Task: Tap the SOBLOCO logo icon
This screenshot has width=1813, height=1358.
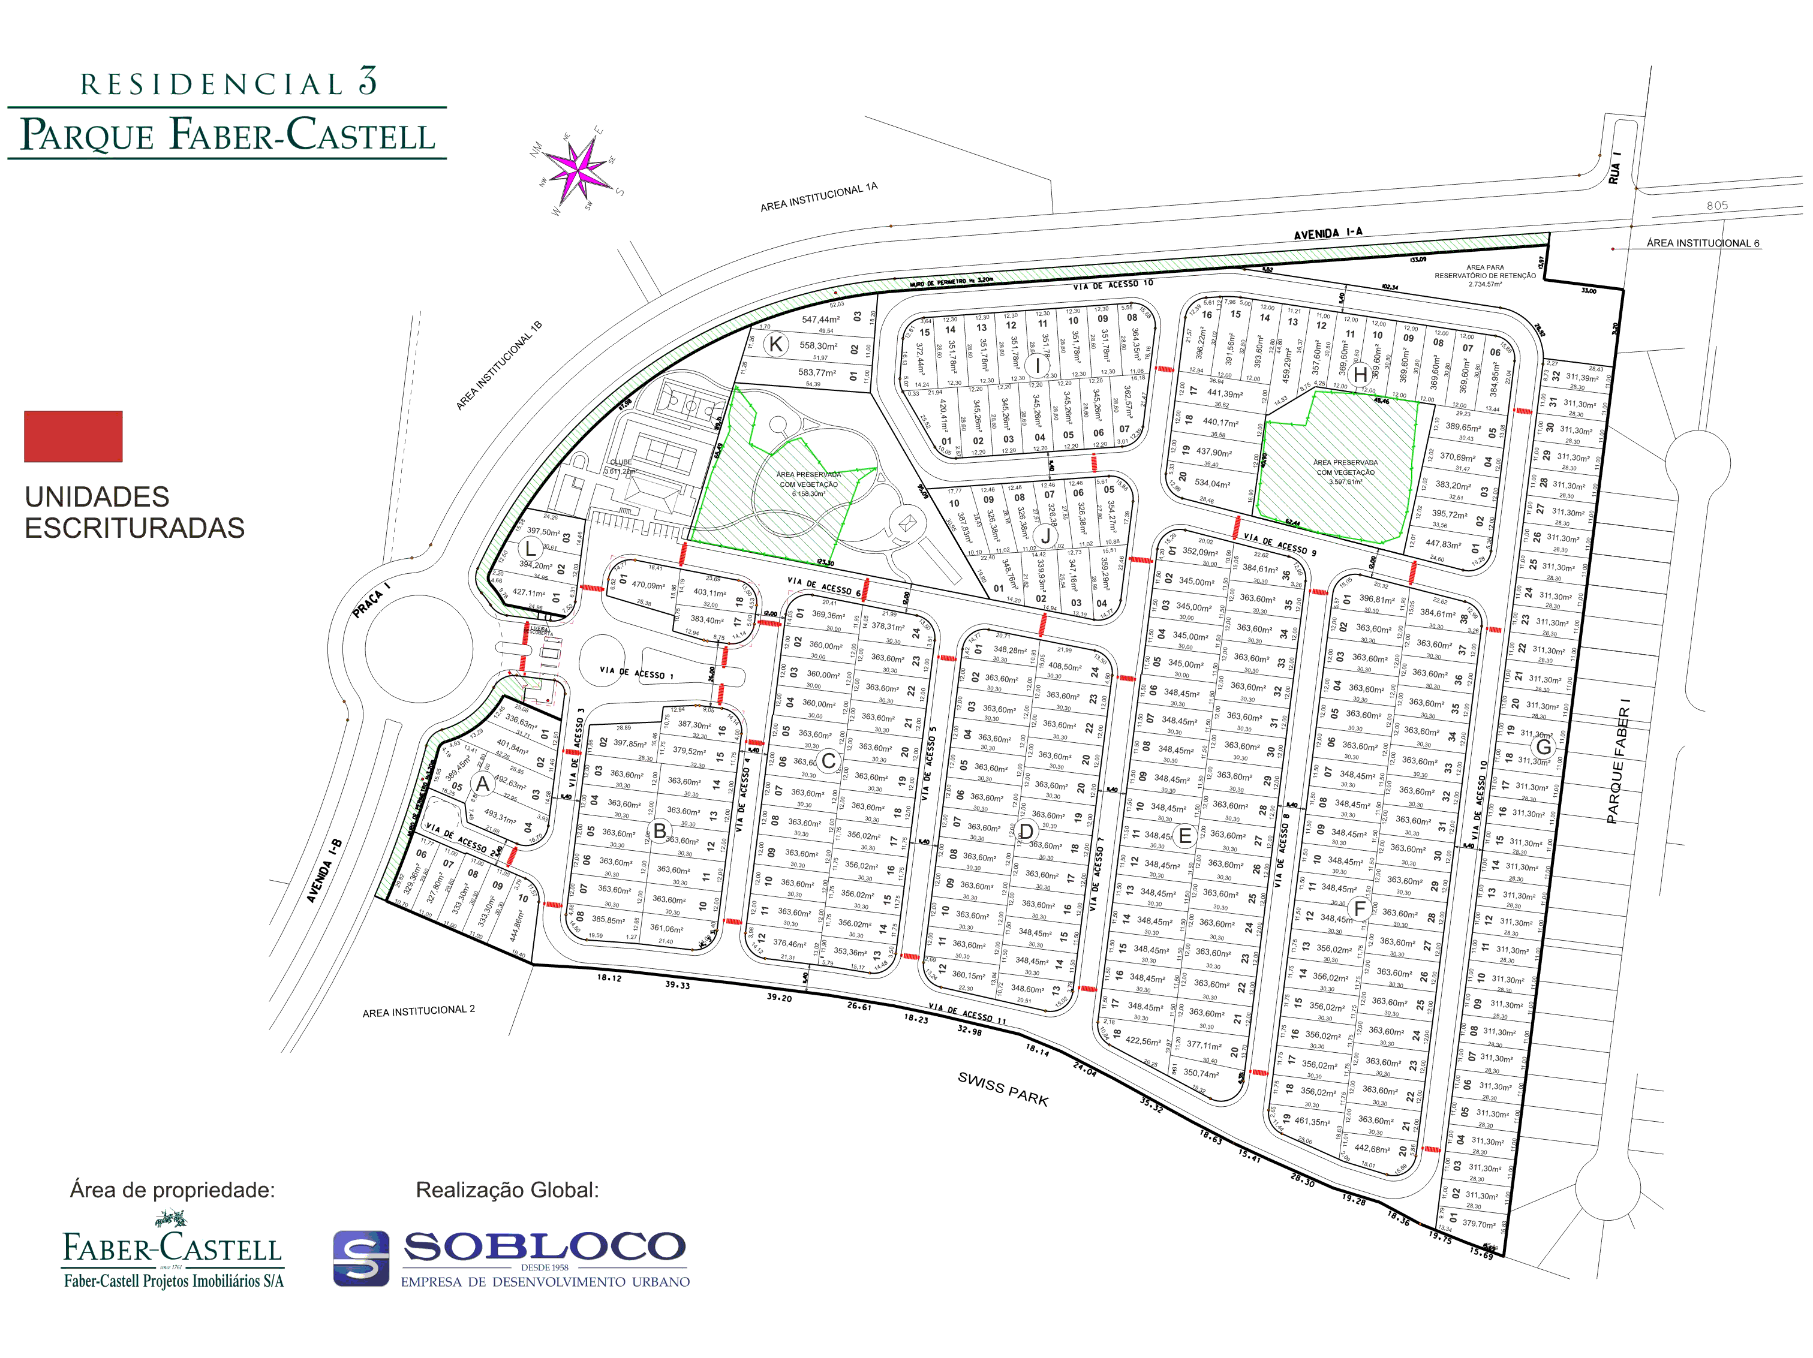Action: coord(360,1258)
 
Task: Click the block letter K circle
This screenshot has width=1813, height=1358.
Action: coord(775,344)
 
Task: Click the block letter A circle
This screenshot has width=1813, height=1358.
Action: coord(483,784)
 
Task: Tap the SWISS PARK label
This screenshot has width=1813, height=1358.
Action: coord(1003,1088)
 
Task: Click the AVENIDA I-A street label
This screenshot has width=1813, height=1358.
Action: coord(1328,234)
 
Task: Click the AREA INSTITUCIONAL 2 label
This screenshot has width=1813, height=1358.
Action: coord(419,1011)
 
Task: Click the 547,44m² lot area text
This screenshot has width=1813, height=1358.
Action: coord(820,320)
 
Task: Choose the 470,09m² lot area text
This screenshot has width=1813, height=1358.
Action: coord(648,585)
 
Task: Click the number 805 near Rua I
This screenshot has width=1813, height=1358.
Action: coord(1717,206)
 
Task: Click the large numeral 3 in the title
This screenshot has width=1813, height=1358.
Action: coord(368,81)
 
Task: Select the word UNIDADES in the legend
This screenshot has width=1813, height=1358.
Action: coord(97,496)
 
